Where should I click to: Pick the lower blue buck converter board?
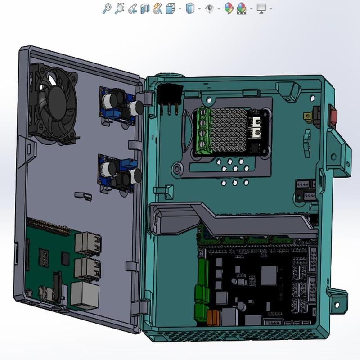pos(118,173)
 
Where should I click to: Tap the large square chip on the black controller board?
pos(268,274)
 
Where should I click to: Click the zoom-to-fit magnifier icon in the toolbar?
pos(107,8)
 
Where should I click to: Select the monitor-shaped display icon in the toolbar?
pos(261,8)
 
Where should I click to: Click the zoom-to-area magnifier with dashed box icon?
pos(119,8)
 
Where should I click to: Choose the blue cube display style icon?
pos(191,8)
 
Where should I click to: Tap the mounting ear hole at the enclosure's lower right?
pos(338,303)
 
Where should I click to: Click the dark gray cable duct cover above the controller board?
pos(225,218)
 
